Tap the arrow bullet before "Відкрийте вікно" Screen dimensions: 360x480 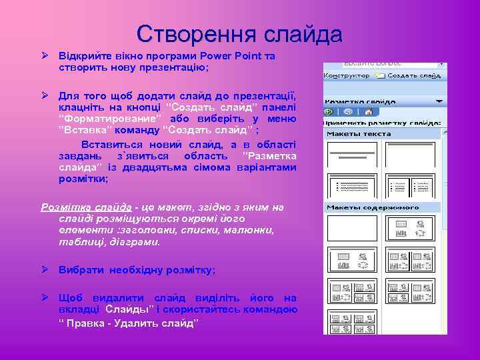pos(45,56)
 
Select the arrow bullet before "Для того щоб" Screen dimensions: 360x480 pos(45,95)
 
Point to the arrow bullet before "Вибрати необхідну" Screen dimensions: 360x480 pos(45,269)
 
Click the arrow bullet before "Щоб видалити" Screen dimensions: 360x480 pos(45,297)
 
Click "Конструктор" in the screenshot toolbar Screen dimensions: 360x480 pos(347,76)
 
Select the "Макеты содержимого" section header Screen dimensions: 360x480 pos(373,207)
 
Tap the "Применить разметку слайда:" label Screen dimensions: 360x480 pos(383,123)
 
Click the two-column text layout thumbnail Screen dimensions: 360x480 pos(425,186)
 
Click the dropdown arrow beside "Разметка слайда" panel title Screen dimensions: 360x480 pos(439,101)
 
